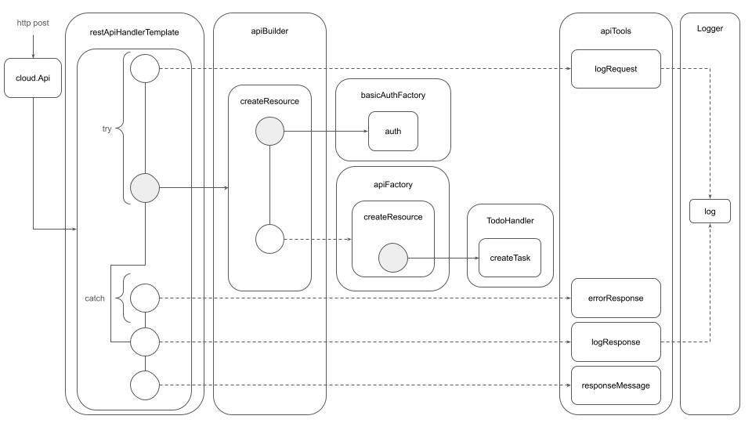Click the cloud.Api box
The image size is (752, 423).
click(33, 78)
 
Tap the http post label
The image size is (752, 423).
click(33, 23)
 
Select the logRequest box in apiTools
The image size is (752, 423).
click(616, 69)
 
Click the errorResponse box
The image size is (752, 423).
click(616, 298)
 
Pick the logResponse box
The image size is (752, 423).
click(616, 342)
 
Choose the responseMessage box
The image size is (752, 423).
click(616, 385)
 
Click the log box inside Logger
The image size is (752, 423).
click(710, 211)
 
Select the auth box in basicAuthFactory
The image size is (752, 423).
click(393, 131)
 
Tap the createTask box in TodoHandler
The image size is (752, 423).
click(509, 258)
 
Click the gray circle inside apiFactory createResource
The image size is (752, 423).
click(393, 258)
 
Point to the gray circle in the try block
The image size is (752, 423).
click(145, 188)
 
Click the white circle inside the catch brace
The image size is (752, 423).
click(145, 298)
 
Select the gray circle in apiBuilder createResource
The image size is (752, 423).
click(269, 131)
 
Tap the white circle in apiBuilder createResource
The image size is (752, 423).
click(269, 239)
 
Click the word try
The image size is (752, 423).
click(107, 128)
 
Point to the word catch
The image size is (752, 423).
click(95, 298)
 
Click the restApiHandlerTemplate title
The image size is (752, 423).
click(135, 32)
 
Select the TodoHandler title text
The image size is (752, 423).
click(509, 221)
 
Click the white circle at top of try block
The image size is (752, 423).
click(145, 69)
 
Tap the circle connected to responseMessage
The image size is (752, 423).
click(145, 385)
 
